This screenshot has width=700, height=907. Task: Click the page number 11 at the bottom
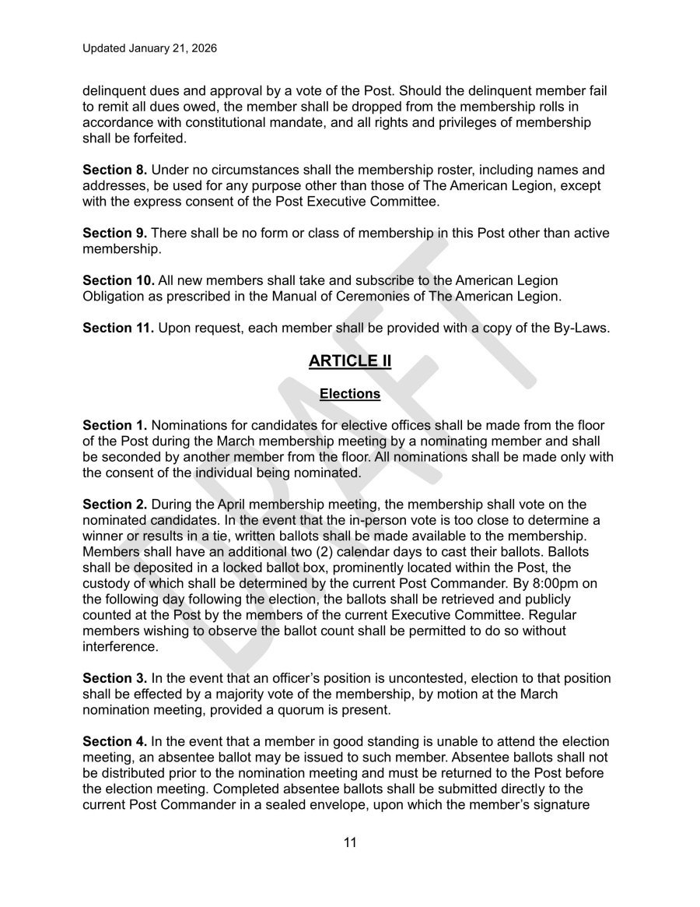349,842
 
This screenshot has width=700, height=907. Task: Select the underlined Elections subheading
349,394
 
